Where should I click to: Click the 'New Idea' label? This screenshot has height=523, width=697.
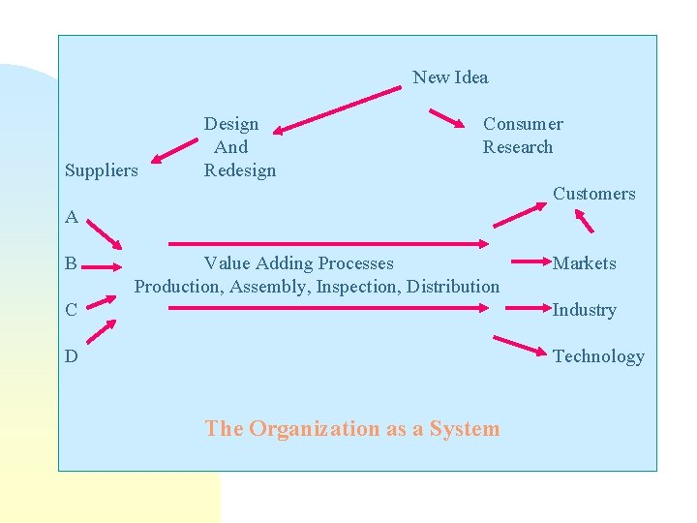pos(450,77)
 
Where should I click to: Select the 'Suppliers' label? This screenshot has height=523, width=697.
pos(101,170)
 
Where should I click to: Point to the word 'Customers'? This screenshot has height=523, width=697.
pos(593,194)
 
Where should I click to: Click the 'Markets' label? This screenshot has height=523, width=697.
pos(584,263)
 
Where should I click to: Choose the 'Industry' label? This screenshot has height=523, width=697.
pos(584,310)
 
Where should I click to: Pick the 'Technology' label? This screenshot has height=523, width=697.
pos(597,356)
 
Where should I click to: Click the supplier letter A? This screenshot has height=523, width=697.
pos(72,217)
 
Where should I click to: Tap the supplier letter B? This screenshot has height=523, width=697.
pos(72,263)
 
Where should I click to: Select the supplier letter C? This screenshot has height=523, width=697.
pos(72,310)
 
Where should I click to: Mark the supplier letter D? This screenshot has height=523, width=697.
pos(72,356)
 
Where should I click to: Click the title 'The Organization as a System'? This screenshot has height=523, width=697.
pos(352,428)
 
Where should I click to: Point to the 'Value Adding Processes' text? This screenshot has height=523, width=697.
pos(298,263)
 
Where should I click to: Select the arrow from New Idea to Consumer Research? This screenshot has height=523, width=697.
pos(447,119)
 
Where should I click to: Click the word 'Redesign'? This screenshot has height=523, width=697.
pos(239,170)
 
